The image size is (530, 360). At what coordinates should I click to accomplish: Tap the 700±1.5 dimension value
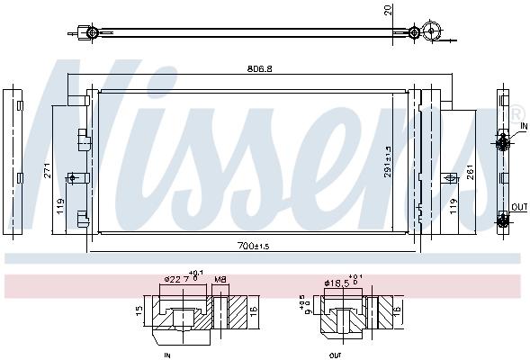point(254,245)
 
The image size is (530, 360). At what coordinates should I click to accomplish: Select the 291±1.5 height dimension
point(388,162)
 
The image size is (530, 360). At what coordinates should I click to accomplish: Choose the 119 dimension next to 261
point(454,205)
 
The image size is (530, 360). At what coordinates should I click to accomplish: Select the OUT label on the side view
point(519,207)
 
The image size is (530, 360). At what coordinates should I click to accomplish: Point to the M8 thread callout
point(220,279)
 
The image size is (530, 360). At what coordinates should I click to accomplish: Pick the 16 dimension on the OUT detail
point(397,311)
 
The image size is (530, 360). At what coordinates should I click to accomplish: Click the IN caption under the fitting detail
point(168,355)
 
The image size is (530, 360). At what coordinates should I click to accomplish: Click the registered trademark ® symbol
point(520,125)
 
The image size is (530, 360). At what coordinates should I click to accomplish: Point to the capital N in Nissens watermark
point(85,126)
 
